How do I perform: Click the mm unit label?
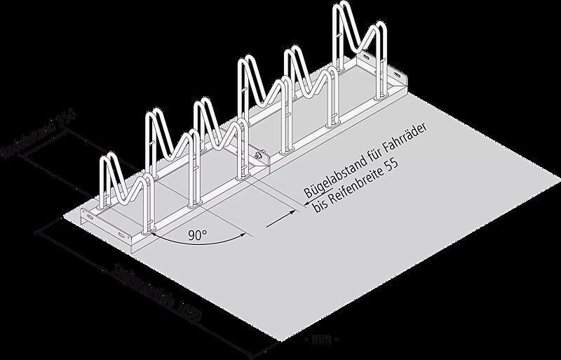pyautogui.click(x=323, y=340)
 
